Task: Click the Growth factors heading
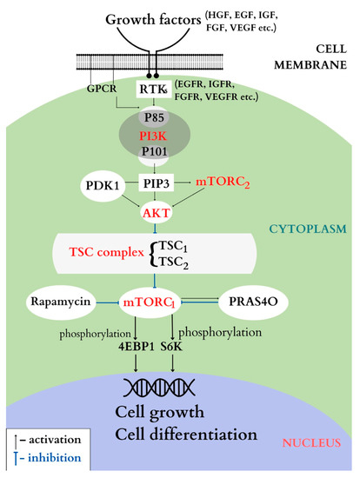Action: click(x=128, y=18)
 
